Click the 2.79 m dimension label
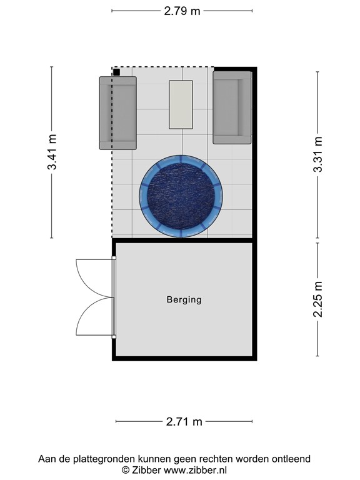click(x=182, y=11)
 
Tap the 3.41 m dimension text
click(x=52, y=152)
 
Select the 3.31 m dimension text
click(x=318, y=154)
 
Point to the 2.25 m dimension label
click(x=318, y=299)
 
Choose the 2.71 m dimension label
click(x=184, y=422)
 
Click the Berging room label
click(x=184, y=299)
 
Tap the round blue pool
click(x=181, y=196)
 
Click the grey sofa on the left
click(x=118, y=113)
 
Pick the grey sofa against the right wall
click(x=232, y=107)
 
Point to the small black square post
click(x=116, y=72)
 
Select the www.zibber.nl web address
click(x=196, y=470)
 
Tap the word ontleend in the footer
click(x=289, y=459)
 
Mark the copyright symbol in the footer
click(x=125, y=470)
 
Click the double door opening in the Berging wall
click(x=114, y=297)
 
